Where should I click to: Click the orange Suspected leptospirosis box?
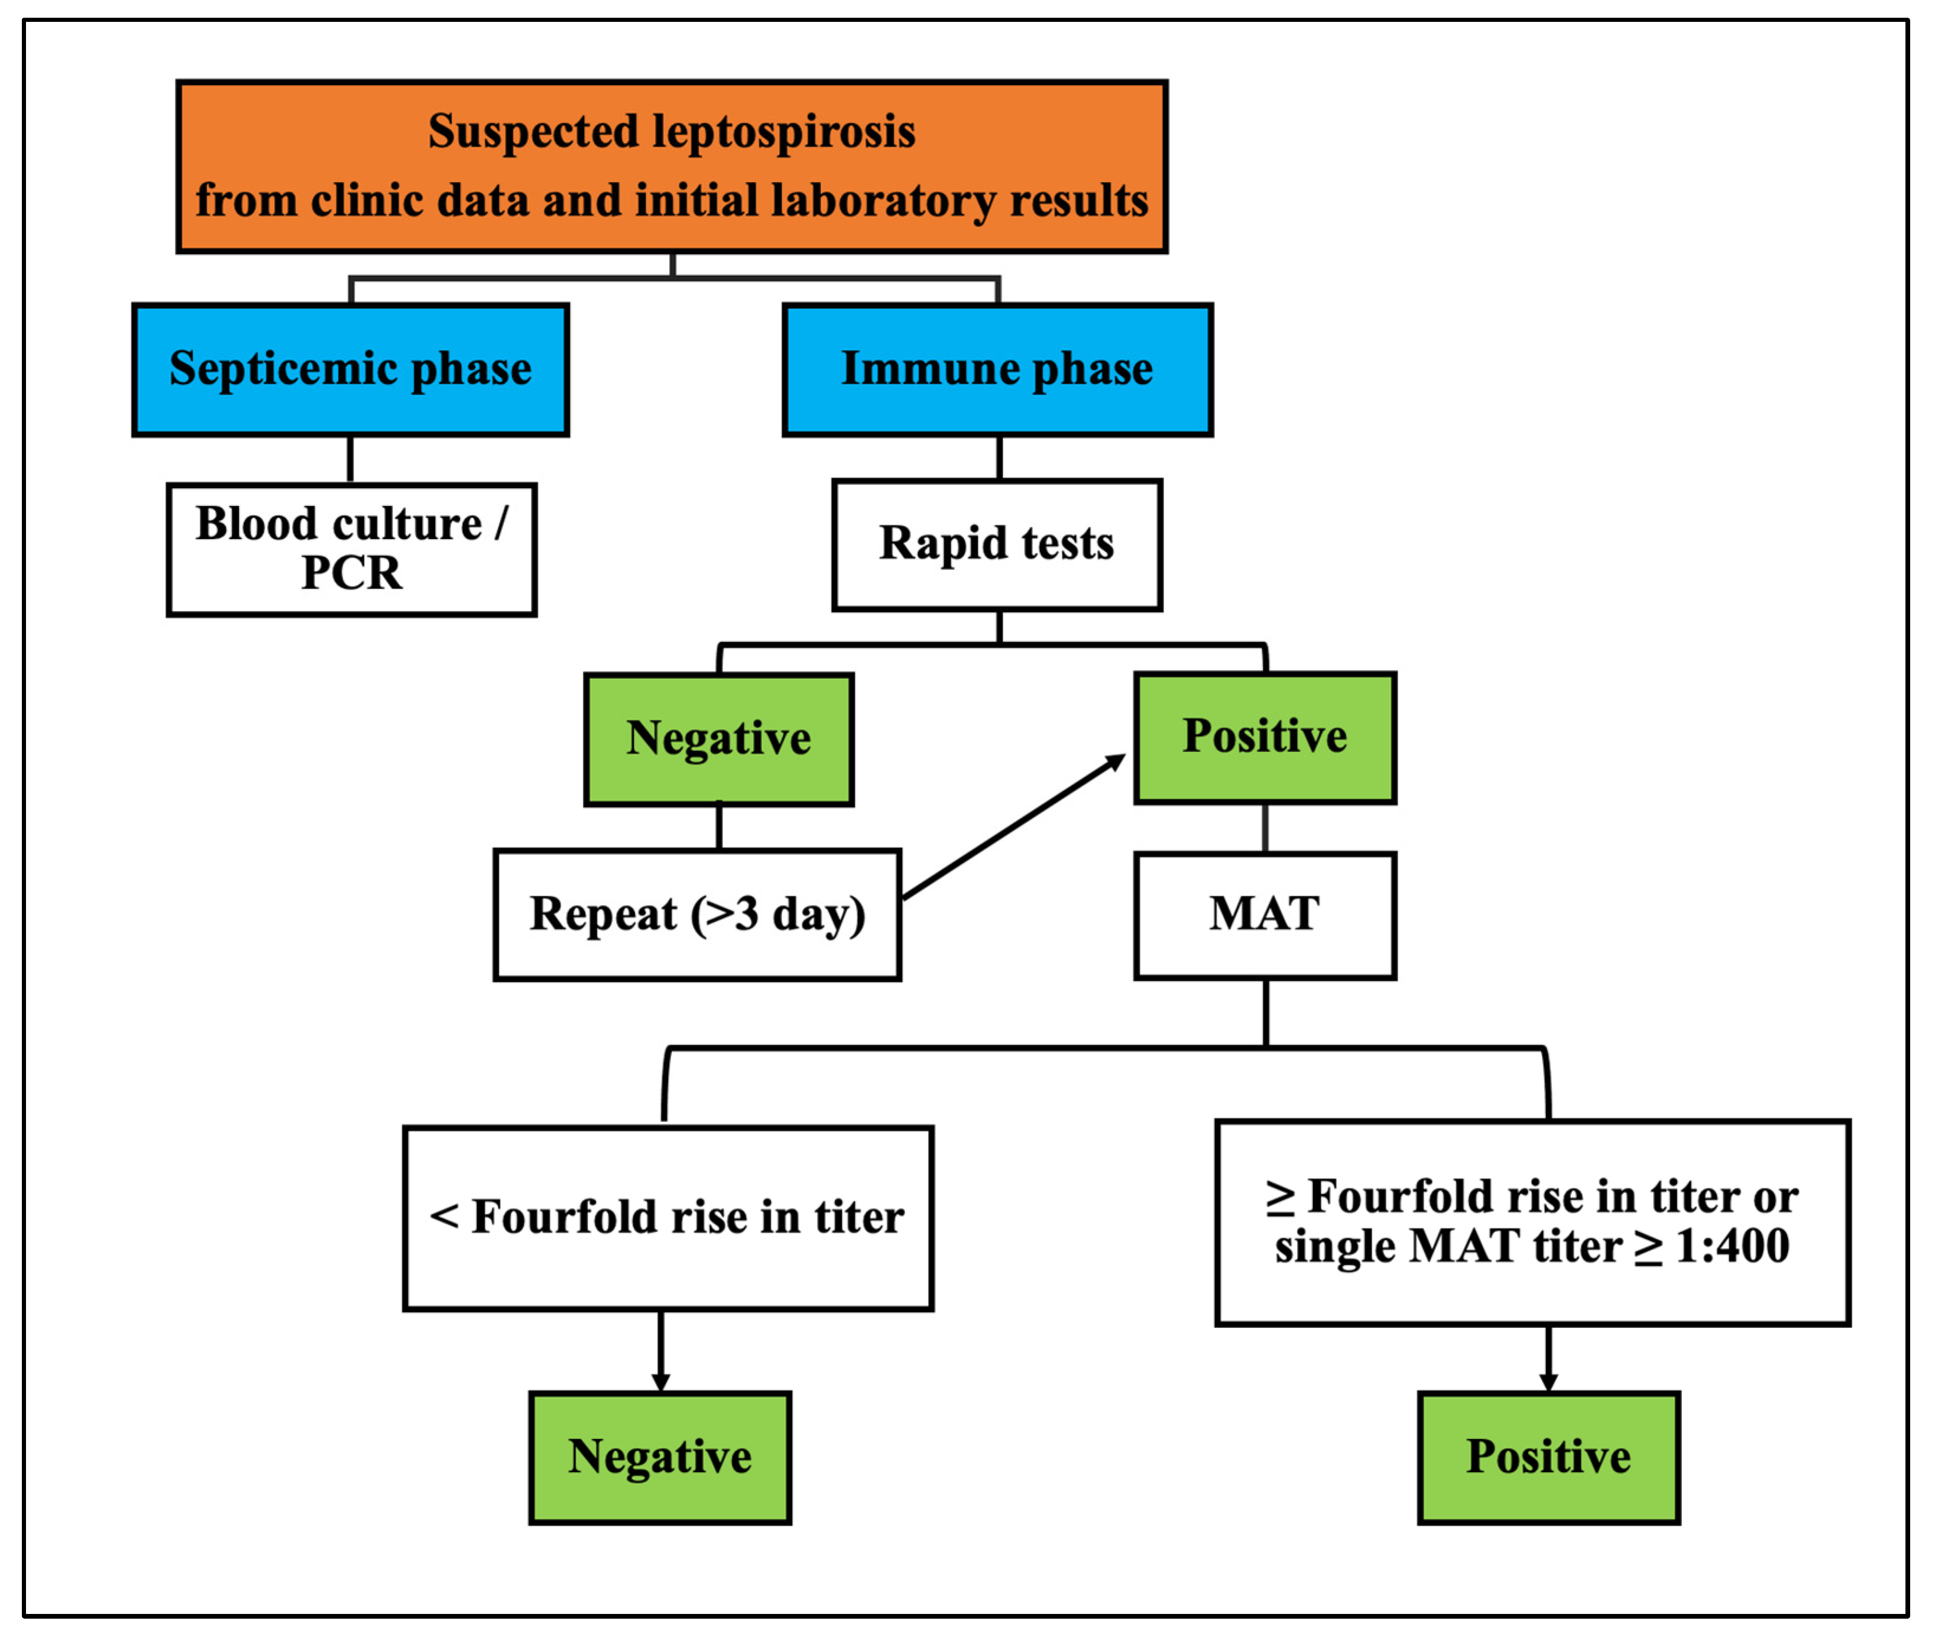tap(672, 166)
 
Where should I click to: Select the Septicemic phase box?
tap(351, 369)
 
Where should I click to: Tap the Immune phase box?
tap(998, 369)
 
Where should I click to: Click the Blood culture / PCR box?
tap(352, 549)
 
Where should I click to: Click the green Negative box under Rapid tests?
tap(719, 740)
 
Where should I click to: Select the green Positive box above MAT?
tap(1265, 738)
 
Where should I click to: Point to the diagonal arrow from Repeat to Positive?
tap(1013, 828)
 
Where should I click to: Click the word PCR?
tap(352, 573)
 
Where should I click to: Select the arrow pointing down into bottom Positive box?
tap(1548, 1360)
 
